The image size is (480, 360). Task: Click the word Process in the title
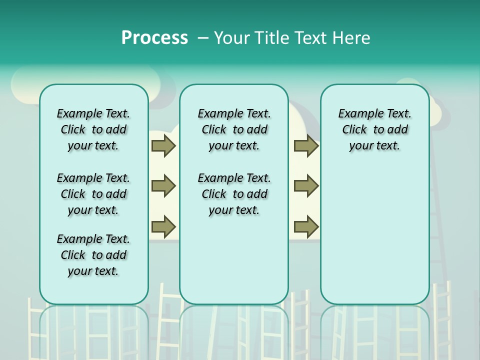point(154,38)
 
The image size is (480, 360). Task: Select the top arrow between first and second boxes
point(163,145)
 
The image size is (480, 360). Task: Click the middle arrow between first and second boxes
point(163,186)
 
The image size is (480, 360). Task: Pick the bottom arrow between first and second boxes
point(163,226)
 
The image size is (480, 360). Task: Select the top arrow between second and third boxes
point(306,145)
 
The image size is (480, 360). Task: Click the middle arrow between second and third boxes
point(306,186)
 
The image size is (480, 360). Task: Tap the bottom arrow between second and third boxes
point(306,226)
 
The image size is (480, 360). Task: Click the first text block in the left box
point(93,129)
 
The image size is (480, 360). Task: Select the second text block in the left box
point(93,194)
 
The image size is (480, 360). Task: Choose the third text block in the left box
point(93,255)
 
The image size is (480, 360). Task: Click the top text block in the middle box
point(234,129)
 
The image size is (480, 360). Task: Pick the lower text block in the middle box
point(234,194)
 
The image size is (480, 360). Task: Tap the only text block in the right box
point(374,129)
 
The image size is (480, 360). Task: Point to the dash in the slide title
point(202,38)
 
